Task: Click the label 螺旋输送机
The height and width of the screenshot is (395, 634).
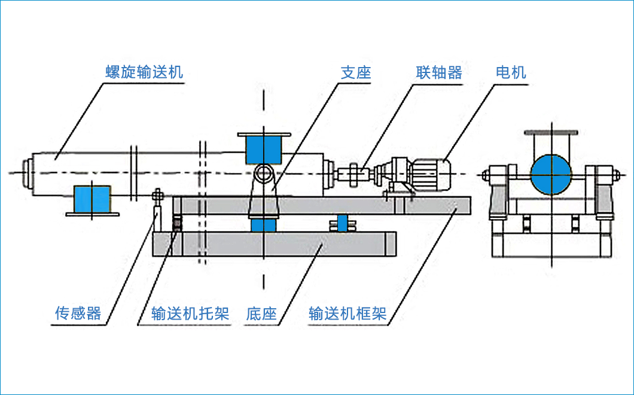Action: click(x=144, y=72)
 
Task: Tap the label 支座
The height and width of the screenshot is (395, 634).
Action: click(x=356, y=72)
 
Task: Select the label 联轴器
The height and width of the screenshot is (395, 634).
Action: click(x=439, y=72)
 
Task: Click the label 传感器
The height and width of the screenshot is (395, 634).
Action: click(x=78, y=313)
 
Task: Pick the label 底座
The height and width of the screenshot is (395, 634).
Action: click(x=261, y=313)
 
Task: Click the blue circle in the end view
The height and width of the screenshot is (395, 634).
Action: click(x=551, y=174)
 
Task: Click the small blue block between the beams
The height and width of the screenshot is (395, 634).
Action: click(x=342, y=222)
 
